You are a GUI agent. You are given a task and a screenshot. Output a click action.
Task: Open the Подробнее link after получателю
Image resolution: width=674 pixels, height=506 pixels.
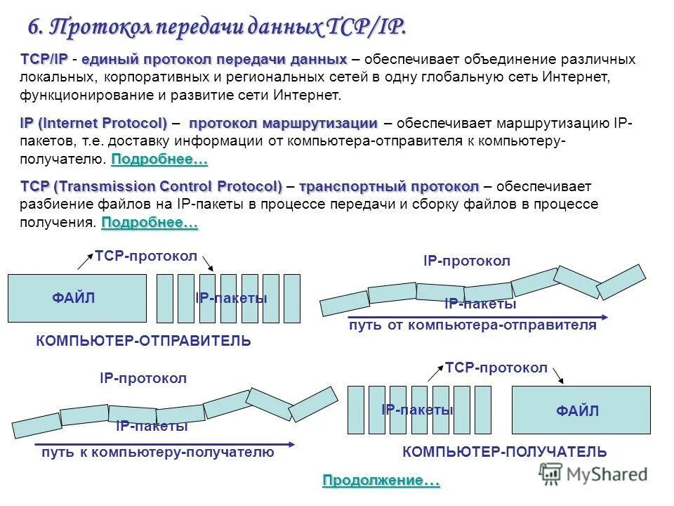(x=159, y=160)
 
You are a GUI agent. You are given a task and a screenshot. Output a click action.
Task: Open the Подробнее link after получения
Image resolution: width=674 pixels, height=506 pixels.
(x=150, y=223)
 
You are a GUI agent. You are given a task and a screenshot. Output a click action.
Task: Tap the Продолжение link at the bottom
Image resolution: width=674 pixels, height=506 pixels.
(x=381, y=481)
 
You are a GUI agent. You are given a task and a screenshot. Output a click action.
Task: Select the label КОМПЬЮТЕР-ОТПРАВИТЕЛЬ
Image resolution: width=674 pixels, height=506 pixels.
(x=143, y=341)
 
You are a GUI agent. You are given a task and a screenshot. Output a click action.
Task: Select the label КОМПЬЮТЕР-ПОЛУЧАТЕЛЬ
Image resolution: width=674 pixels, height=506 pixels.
(x=504, y=452)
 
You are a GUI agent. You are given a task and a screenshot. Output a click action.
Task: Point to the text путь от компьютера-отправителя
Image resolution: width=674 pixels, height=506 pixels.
(x=473, y=325)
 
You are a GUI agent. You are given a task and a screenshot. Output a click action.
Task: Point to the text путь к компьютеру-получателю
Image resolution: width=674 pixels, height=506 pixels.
(x=157, y=453)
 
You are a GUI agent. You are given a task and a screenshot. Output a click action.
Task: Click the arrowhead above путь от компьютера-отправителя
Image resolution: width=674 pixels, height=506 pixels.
(x=604, y=317)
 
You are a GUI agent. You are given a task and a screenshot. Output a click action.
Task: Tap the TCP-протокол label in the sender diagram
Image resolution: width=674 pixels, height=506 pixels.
(x=146, y=257)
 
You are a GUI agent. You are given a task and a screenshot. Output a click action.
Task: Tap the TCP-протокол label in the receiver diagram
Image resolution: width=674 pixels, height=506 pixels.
(x=496, y=368)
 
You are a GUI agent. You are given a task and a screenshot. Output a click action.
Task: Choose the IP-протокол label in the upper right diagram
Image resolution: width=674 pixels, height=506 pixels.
(x=466, y=261)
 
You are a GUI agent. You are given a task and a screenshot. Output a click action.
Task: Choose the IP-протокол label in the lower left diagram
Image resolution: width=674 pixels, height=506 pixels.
(x=143, y=379)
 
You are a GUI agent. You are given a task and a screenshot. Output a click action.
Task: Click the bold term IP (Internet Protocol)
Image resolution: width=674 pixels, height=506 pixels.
(x=93, y=124)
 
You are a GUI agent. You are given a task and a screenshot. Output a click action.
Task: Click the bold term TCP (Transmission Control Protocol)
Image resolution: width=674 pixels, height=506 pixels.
(x=151, y=186)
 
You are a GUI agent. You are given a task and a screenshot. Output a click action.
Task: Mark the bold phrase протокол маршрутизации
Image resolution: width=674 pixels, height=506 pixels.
(x=283, y=124)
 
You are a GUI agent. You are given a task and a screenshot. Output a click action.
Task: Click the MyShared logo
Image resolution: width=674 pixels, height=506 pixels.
(x=593, y=474)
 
